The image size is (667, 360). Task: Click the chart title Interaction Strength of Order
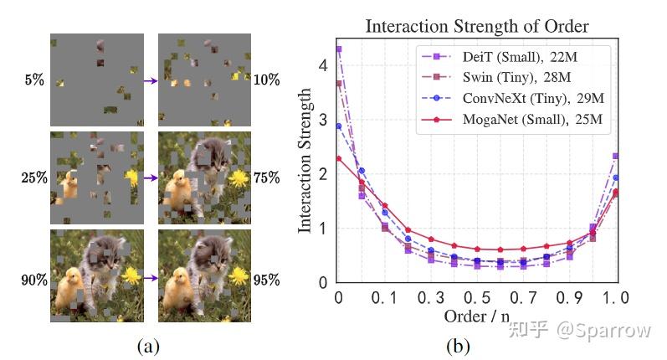coord(476,26)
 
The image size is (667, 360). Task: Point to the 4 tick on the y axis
coord(324,65)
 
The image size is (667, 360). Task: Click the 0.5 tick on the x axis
coord(476,298)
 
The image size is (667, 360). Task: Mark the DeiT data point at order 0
coord(339,49)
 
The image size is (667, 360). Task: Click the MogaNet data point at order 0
coord(339,158)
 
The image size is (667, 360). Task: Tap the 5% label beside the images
coord(34,81)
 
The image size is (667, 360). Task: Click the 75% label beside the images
coord(267,177)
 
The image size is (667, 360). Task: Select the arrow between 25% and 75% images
coord(151,177)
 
